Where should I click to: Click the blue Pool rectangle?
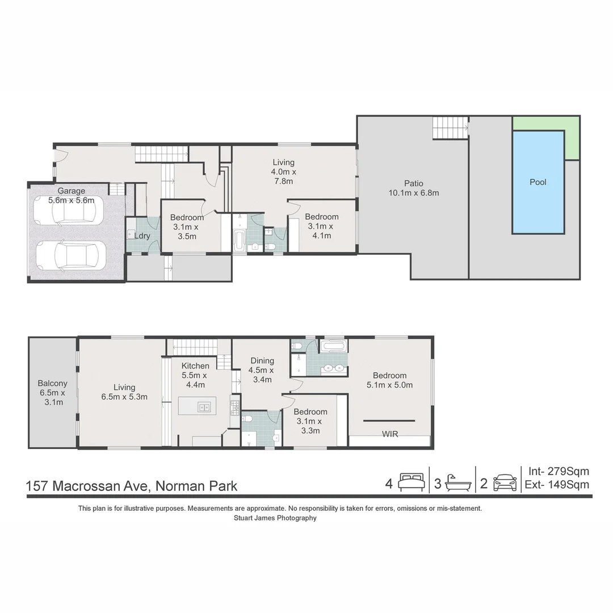[x=538, y=182]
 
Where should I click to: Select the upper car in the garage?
[x=68, y=211]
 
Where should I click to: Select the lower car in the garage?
[x=71, y=255]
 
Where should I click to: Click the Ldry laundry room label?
[x=142, y=236]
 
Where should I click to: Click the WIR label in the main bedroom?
[x=389, y=434]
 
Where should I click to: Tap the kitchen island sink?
[x=204, y=406]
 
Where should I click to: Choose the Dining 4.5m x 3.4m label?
[x=262, y=370]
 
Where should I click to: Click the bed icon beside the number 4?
[x=411, y=482]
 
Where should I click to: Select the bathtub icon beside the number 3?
[x=457, y=482]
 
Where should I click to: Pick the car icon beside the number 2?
[x=505, y=482]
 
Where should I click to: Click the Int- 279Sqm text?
[x=559, y=471]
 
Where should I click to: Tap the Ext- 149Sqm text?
[x=559, y=485]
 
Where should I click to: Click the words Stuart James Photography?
[x=275, y=518]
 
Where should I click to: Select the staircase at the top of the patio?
[x=450, y=127]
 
